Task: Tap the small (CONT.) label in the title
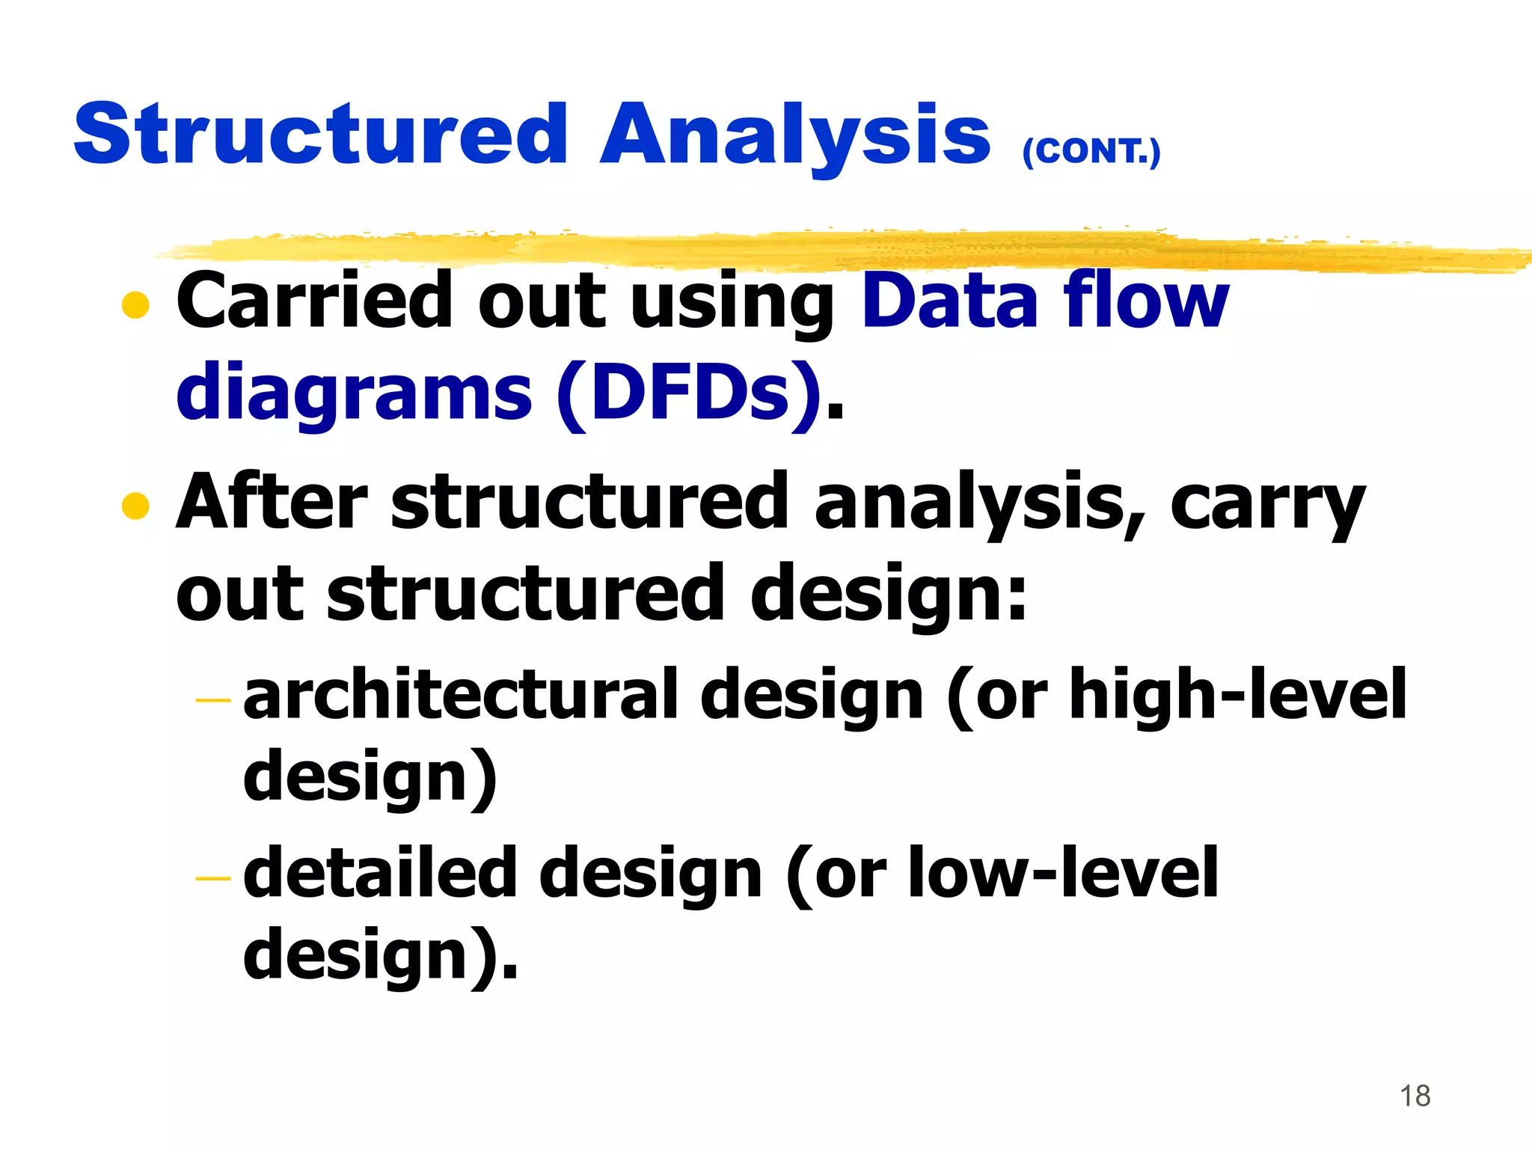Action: click(1091, 152)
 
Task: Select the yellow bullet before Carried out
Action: click(135, 304)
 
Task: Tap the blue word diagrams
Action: click(354, 393)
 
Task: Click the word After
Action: click(271, 503)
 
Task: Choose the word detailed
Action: click(380, 874)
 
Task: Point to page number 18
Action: click(1415, 1096)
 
